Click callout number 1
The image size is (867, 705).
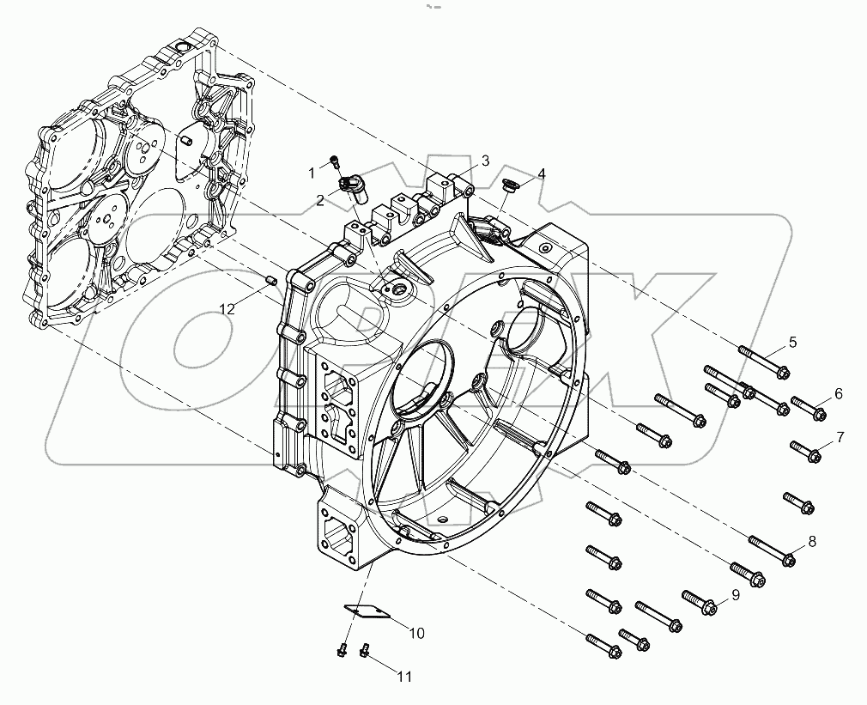[x=312, y=173]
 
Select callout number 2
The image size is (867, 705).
[x=320, y=200]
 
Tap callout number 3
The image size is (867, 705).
[x=485, y=161]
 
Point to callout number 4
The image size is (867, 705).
[x=541, y=174]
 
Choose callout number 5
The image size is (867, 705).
[x=792, y=342]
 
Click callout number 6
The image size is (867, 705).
[x=838, y=394]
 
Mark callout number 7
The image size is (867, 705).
[x=840, y=437]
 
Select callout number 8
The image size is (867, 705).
[x=811, y=542]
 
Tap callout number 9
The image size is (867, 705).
[x=735, y=595]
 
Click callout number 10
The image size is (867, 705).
[x=415, y=634]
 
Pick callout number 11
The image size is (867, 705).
[x=403, y=677]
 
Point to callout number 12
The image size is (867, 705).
[x=226, y=309]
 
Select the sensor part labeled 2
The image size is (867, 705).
[x=352, y=185]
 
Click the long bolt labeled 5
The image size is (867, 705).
[x=763, y=360]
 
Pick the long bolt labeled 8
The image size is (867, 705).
[x=773, y=551]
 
